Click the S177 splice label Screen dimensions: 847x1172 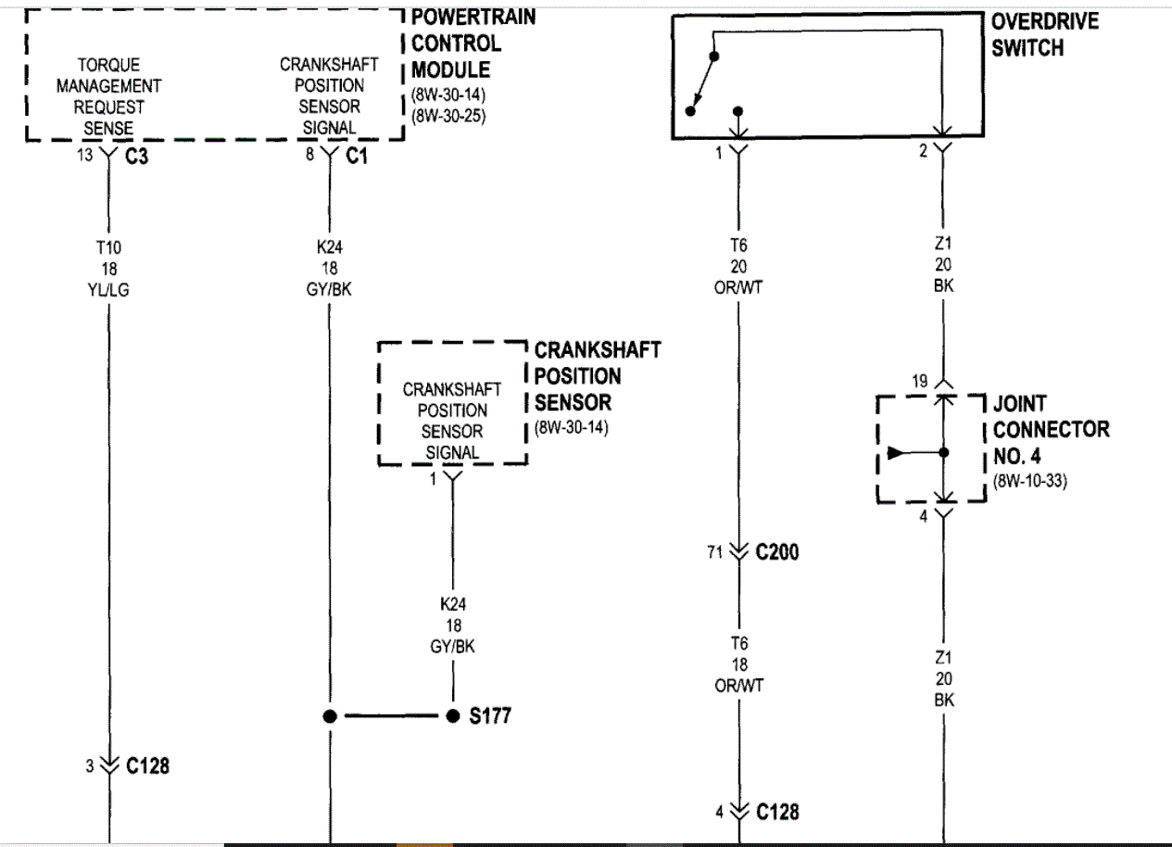[490, 716]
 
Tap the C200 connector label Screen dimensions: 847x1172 [776, 552]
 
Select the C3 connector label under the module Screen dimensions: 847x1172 [136, 156]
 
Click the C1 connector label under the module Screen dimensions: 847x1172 [357, 156]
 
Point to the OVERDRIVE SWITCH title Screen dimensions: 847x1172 [1044, 34]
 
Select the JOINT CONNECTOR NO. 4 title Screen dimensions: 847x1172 [1050, 430]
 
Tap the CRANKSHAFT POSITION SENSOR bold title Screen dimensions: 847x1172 [597, 376]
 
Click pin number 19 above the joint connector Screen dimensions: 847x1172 [919, 381]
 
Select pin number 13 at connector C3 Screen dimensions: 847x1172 [84, 155]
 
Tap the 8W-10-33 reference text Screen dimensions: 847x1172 [1029, 482]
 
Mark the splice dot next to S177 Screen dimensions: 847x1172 [452, 716]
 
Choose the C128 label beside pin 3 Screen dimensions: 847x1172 [147, 766]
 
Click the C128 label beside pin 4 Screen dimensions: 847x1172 [777, 812]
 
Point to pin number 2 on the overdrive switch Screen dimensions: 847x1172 [923, 151]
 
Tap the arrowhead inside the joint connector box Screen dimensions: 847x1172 [894, 453]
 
